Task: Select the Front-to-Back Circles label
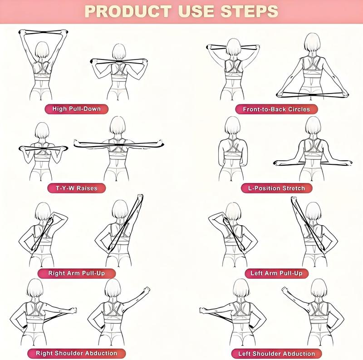(276, 109)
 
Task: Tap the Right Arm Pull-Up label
(76, 273)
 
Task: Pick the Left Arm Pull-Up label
(276, 273)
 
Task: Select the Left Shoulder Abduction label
(276, 353)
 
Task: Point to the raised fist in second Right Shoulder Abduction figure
(146, 289)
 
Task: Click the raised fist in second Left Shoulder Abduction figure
(285, 290)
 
